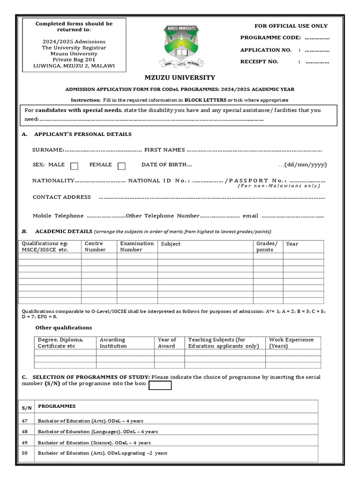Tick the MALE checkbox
pos(74,165)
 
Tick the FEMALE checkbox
pos(121,165)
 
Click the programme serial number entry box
pos(160,385)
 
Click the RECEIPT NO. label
pos(259,62)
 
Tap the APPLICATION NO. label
pos(266,50)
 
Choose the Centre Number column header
pos(94,247)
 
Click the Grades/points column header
pos(267,247)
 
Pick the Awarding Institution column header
pos(113,343)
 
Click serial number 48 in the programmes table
pos(25,432)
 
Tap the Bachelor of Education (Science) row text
pos(94,442)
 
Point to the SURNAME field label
pos(48,150)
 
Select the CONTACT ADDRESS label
pos(61,197)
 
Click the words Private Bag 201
pos(74,60)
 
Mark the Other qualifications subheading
pos(64,328)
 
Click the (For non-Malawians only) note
pos(279,186)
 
